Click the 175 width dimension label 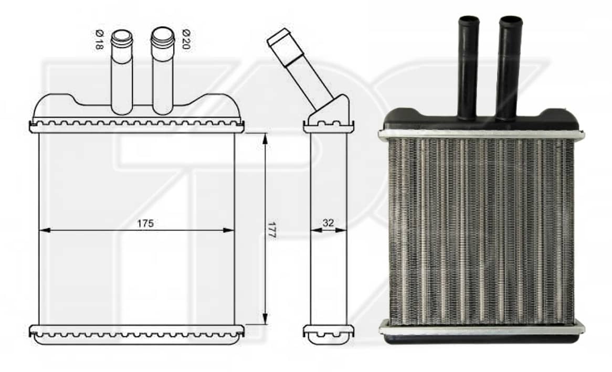point(145,224)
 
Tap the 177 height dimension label point(272,230)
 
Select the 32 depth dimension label point(328,223)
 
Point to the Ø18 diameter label point(99,39)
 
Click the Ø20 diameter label point(186,39)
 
